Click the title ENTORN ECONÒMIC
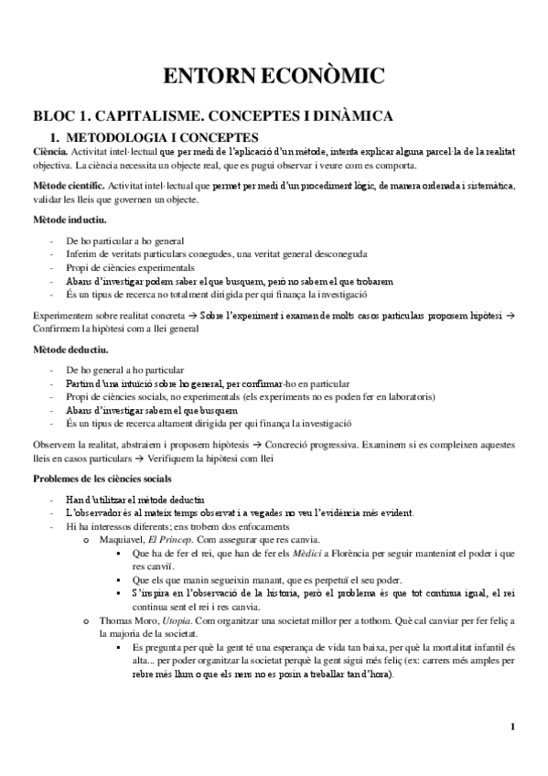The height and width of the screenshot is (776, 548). pos(274,75)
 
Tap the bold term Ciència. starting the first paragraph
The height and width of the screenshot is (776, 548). pos(49,150)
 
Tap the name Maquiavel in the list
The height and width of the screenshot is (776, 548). pos(122,541)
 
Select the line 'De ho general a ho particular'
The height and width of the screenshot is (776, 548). pos(125,369)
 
